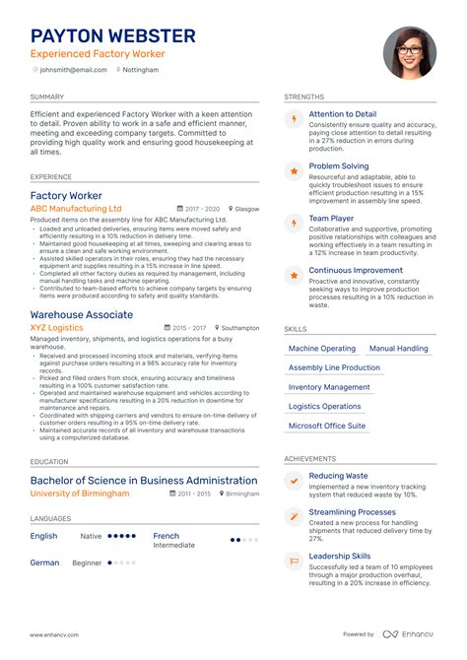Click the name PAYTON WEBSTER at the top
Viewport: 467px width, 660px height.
tap(112, 35)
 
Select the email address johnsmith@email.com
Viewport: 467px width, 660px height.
tap(72, 70)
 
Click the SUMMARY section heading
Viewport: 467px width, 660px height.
tap(46, 98)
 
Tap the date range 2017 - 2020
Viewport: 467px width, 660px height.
tap(203, 209)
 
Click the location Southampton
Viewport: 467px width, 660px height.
tap(239, 328)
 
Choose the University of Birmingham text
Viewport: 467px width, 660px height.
tap(79, 494)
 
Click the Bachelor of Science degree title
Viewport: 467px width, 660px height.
tap(144, 481)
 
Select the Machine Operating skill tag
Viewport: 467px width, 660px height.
tap(322, 349)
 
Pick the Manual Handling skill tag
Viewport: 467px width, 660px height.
tap(398, 349)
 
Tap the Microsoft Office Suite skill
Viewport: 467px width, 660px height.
tap(327, 426)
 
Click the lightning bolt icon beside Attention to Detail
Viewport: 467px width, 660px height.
tap(293, 119)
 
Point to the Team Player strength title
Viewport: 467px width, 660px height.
tap(332, 219)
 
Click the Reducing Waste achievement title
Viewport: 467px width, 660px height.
tap(338, 476)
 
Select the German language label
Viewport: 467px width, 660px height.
tap(44, 562)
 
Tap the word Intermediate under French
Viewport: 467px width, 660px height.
tap(173, 545)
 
